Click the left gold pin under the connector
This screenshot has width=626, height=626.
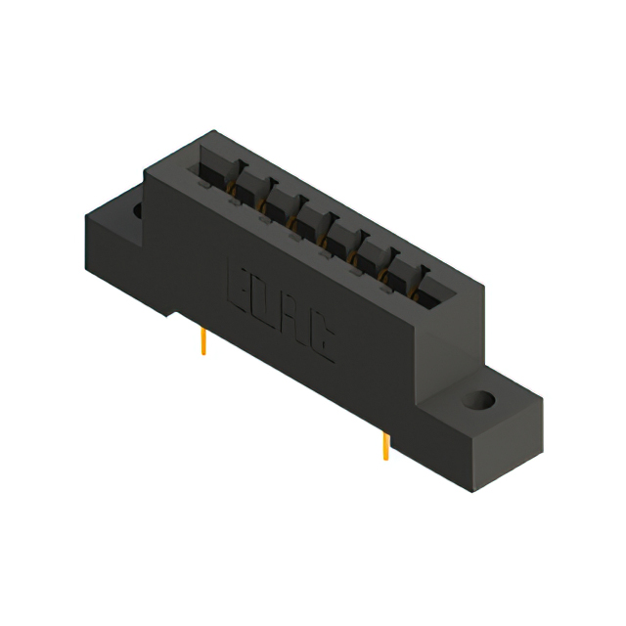coord(202,341)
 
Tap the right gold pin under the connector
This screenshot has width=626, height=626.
coord(385,446)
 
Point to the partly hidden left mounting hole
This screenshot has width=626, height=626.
coord(136,210)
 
